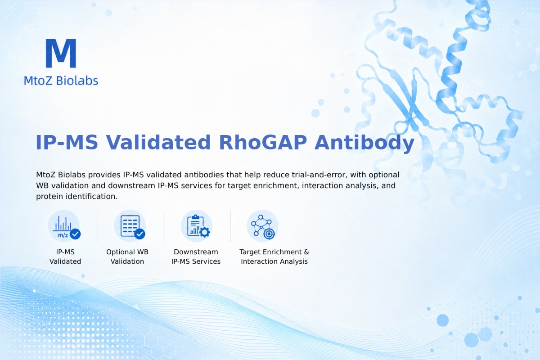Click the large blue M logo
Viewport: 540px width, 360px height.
coord(61,53)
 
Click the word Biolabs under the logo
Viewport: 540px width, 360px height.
coord(77,81)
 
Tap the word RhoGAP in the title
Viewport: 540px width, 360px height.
coord(263,143)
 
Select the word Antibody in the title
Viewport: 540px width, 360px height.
coord(364,143)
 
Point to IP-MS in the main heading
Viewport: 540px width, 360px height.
coord(67,143)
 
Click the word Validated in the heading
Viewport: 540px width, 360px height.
coord(158,142)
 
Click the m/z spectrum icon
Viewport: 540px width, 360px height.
coord(64,226)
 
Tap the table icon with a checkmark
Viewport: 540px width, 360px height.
coord(130,226)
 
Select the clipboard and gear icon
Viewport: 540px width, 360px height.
coord(197,226)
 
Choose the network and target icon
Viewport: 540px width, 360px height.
coord(263,226)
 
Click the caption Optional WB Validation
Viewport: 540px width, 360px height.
coord(127,256)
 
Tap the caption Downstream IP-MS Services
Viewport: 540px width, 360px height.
coord(196,256)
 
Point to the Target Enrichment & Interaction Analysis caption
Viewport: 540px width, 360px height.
coord(274,256)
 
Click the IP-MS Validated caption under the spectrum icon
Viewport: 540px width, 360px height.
coord(65,256)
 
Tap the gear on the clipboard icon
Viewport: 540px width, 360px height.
coord(205,232)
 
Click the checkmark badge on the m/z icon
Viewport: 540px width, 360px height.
coord(75,234)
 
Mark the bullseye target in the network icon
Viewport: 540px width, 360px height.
coord(269,234)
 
